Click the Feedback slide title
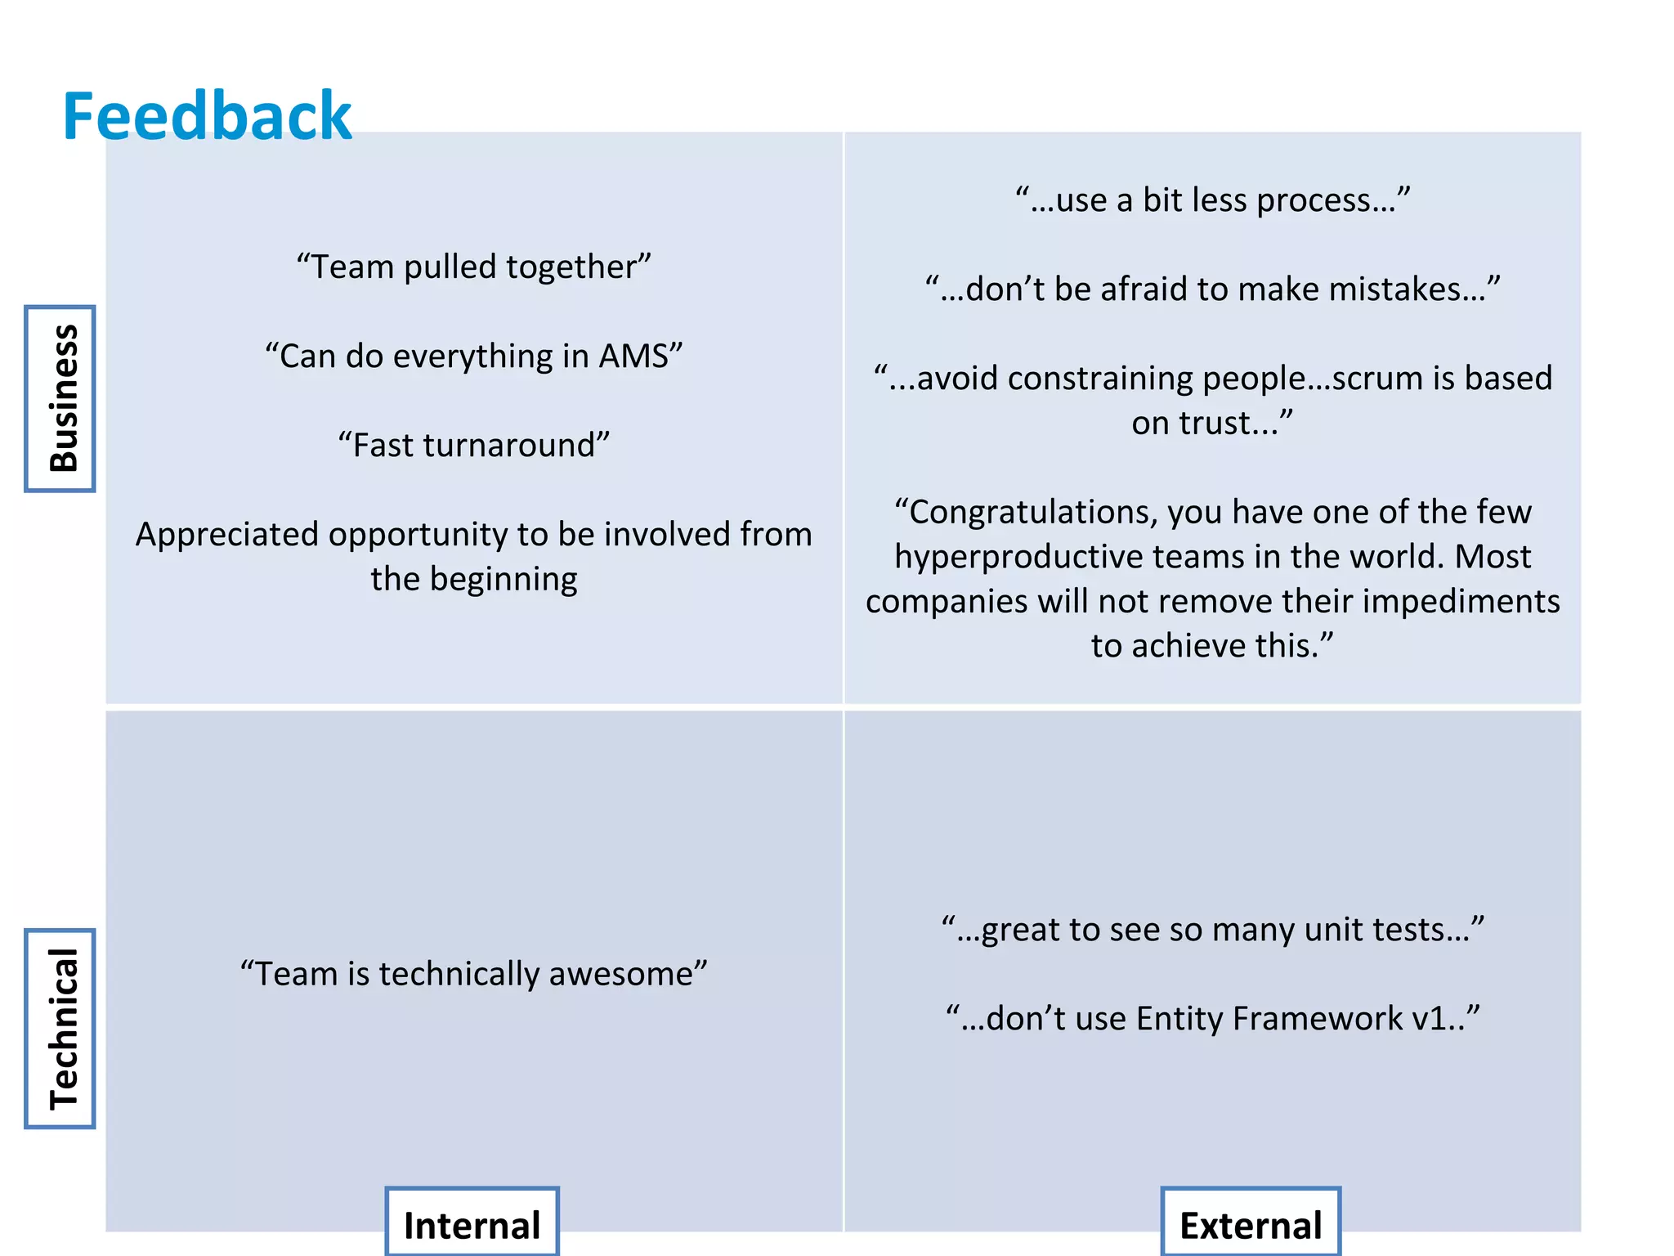tap(207, 117)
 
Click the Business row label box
tap(60, 398)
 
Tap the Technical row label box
tap(60, 1028)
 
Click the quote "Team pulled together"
tap(473, 267)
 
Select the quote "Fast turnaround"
tap(473, 446)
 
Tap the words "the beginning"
tap(473, 580)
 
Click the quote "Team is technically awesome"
tap(473, 974)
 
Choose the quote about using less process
tap(1212, 200)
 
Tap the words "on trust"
tap(1204, 424)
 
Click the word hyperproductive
tap(1018, 557)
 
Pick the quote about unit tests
tap(1212, 930)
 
